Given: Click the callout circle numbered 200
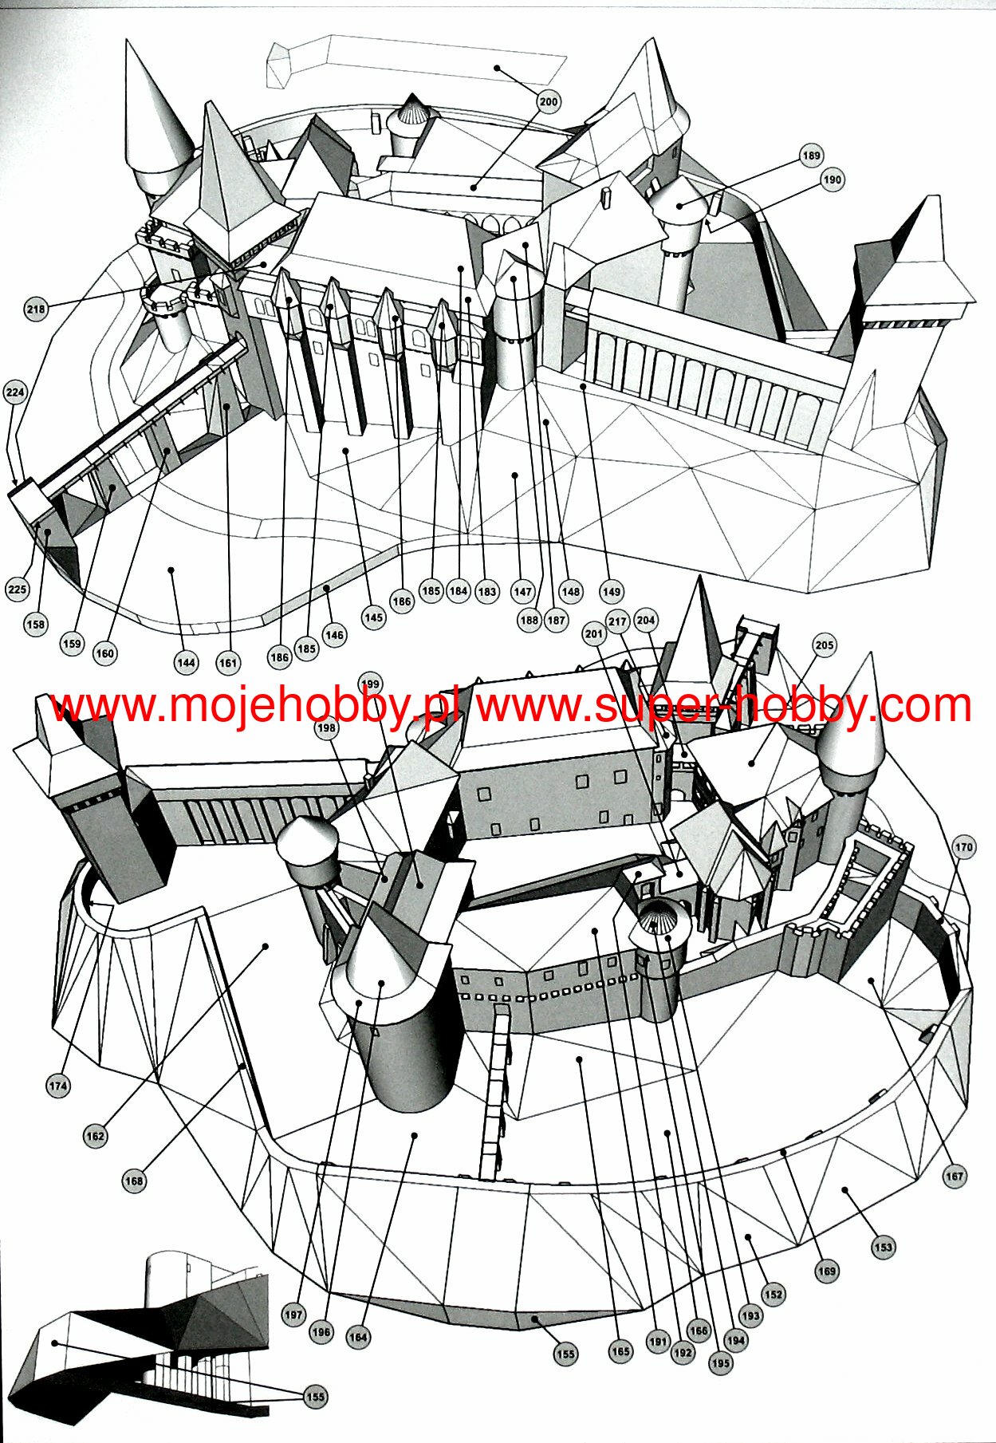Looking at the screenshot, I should coord(549,101).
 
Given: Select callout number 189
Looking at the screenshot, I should coord(811,156).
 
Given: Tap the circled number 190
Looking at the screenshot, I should coord(832,179).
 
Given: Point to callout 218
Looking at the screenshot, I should coord(36,309).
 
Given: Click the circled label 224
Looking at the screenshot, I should coord(15,392).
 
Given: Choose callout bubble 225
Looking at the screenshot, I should coord(17,589).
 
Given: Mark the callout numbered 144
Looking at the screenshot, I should coord(186,662).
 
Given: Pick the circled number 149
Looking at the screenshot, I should coord(611,592).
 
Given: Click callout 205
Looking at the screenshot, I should coord(824,645).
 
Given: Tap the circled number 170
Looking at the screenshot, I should coord(963,847).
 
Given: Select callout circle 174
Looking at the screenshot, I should coord(58,1086).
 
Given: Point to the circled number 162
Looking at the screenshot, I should coord(95,1137).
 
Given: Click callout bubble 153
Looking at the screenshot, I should coord(883,1248).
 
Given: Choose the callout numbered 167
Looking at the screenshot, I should coord(954,1176).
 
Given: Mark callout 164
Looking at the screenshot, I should coord(358,1338).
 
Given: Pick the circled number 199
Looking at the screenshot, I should coord(370,684).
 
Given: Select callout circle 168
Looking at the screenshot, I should coord(134,1181).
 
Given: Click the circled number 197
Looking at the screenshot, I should coord(293,1315).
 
